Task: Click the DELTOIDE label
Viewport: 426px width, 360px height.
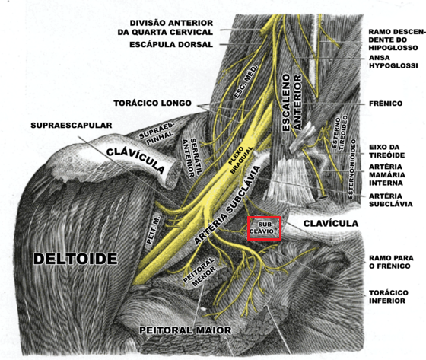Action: pos(75,259)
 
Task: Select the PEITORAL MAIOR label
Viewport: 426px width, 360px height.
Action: pos(186,330)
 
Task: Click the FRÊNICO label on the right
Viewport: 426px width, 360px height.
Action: pos(386,104)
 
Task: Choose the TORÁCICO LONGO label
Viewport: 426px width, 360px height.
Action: pos(152,104)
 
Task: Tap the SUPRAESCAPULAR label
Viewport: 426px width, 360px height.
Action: pos(72,126)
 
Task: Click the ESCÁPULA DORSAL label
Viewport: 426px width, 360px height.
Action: pos(171,45)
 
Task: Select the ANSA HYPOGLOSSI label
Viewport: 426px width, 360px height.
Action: pos(393,62)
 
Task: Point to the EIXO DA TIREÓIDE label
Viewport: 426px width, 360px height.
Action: pos(387,151)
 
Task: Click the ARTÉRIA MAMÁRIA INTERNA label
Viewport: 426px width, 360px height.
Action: pos(387,175)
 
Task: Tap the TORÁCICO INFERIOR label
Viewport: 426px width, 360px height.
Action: pos(389,297)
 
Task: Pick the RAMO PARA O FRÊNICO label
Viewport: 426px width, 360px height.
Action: pos(391,262)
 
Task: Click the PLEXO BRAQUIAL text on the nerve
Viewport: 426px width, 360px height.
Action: pos(240,161)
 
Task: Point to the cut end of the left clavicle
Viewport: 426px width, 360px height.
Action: pos(173,174)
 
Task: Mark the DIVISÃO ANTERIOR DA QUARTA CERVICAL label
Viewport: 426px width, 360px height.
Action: pos(165,27)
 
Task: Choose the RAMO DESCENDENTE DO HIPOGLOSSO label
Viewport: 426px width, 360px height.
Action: pos(396,40)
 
